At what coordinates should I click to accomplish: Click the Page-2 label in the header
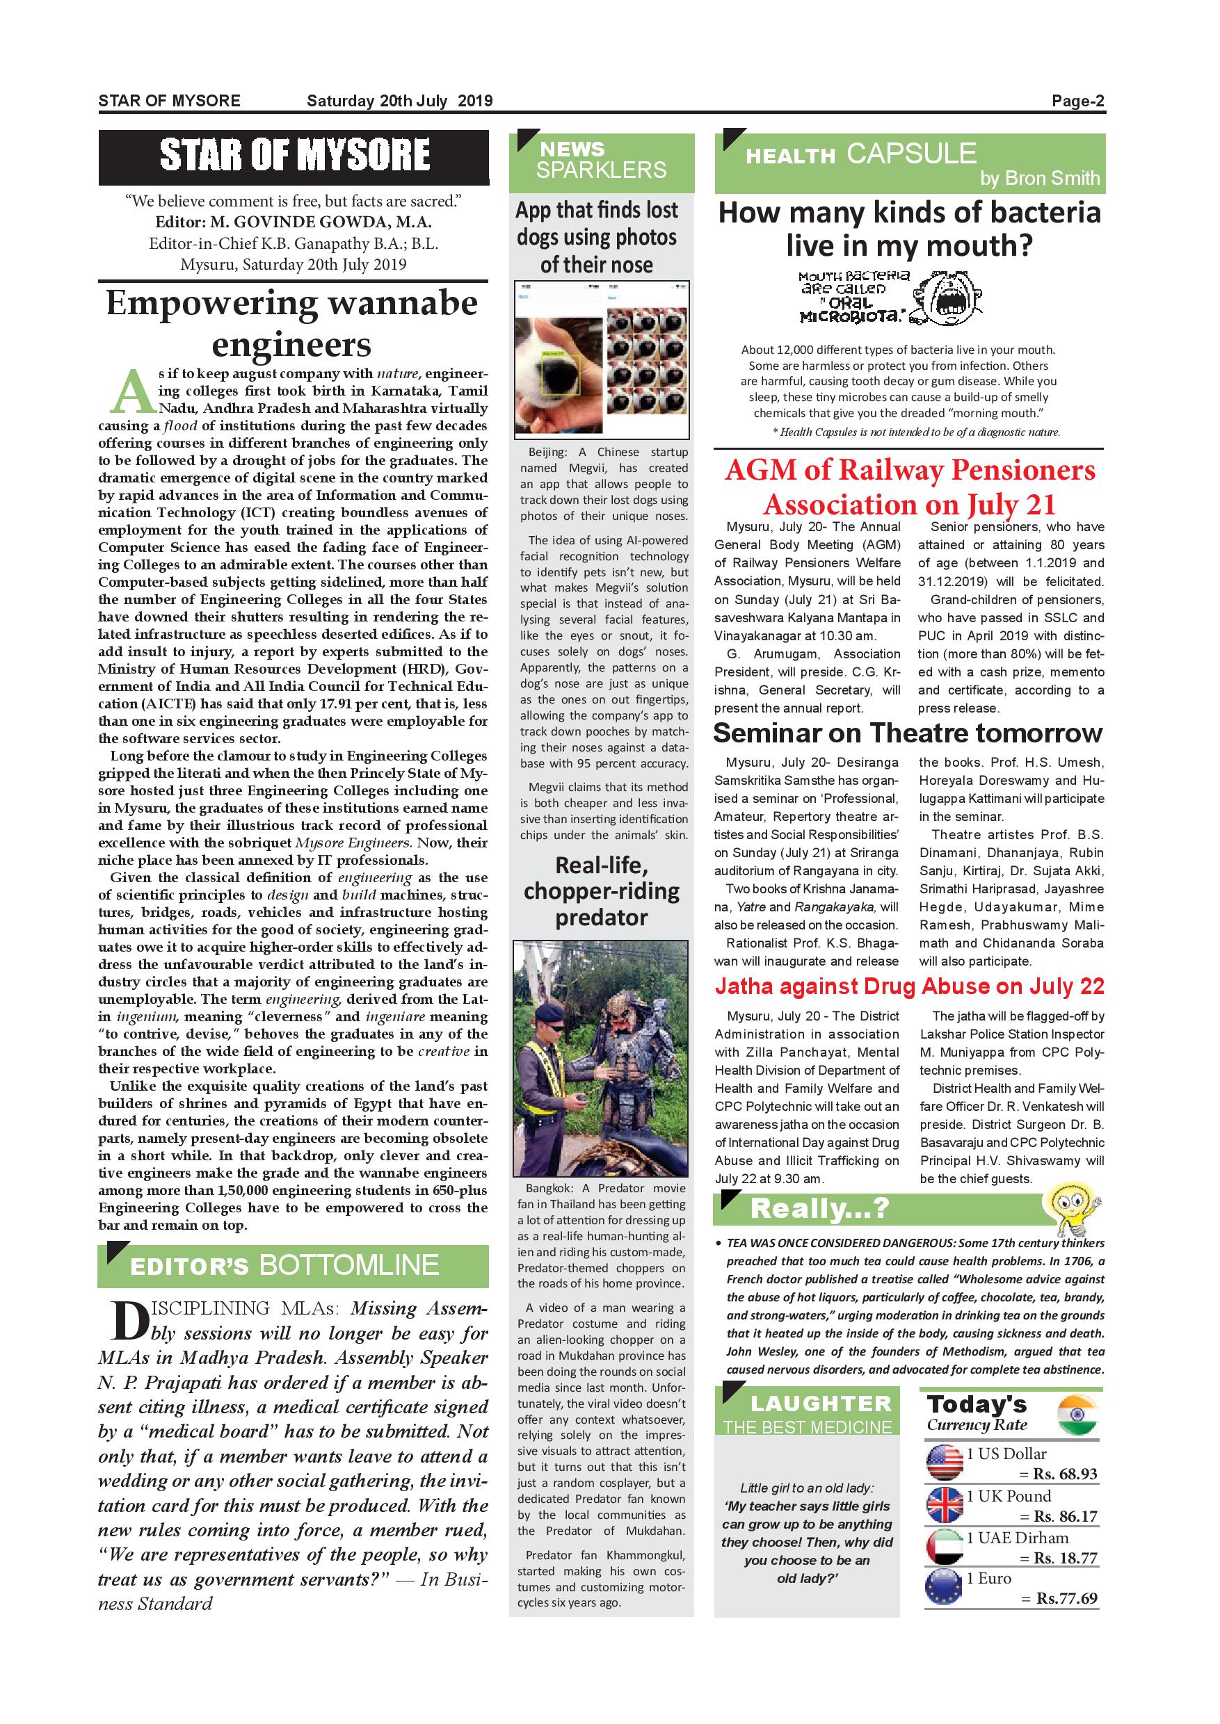(1078, 101)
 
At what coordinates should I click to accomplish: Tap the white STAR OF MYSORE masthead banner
(294, 156)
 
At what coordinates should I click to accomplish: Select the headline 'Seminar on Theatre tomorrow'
(908, 733)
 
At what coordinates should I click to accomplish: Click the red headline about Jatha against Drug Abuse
(909, 986)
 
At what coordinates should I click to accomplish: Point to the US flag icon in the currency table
(945, 1463)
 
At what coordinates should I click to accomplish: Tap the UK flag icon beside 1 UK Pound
(945, 1505)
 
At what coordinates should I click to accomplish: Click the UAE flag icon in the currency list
(945, 1547)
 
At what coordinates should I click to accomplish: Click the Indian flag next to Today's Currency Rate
(1077, 1416)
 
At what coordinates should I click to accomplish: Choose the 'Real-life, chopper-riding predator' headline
(602, 891)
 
